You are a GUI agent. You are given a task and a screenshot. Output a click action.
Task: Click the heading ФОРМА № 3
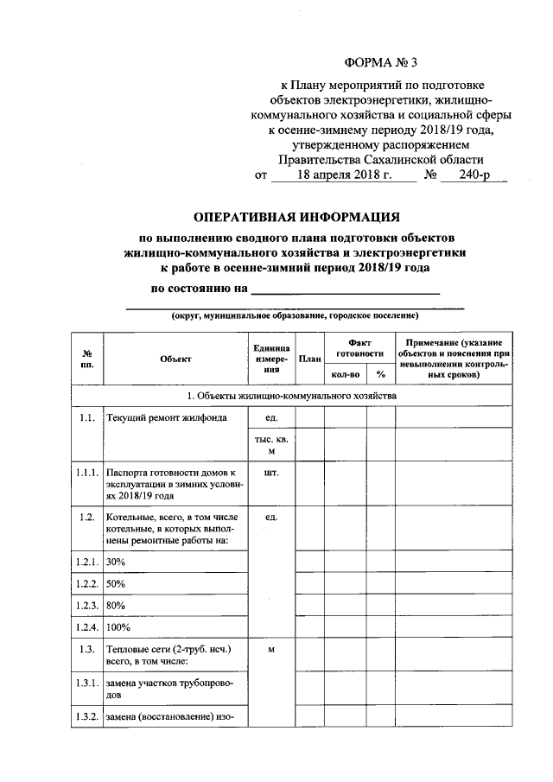(381, 62)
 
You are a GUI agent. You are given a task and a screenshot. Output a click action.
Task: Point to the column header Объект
(175, 357)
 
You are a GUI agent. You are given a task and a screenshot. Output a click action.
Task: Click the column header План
(309, 357)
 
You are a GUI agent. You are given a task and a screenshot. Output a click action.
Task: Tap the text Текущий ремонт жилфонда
(167, 418)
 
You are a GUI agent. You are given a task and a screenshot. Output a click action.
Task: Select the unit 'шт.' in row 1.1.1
(271, 473)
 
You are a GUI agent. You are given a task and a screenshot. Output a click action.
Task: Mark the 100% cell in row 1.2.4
(118, 626)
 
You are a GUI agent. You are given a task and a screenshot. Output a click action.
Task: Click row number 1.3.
(85, 649)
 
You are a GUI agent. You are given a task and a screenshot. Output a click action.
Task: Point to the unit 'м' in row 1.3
(271, 649)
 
